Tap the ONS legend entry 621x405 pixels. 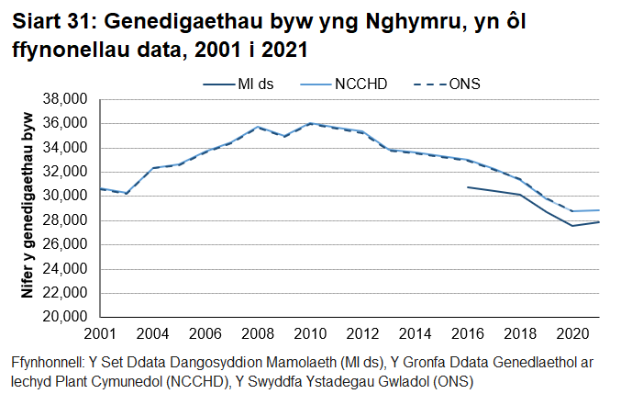point(464,84)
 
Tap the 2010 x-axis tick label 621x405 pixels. point(310,332)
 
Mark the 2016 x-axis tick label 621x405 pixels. point(469,332)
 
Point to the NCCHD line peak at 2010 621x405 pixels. point(310,123)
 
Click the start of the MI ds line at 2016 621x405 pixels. point(469,187)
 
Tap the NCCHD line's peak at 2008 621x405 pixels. point(258,127)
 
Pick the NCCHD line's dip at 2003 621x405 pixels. point(126,193)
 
